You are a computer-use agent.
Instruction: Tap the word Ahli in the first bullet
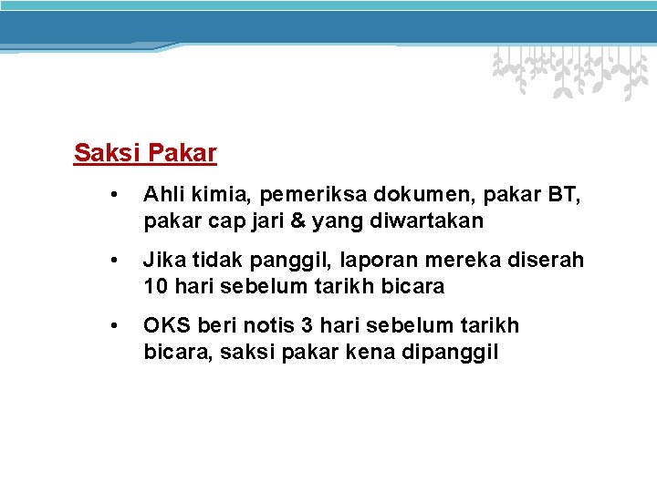[x=162, y=194]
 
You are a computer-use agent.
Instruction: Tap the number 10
[x=156, y=286]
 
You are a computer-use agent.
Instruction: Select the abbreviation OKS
[x=165, y=325]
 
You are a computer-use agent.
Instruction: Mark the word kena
[x=372, y=352]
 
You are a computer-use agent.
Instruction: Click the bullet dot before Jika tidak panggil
[x=114, y=260]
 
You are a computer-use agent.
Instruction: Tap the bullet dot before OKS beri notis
[x=114, y=325]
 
